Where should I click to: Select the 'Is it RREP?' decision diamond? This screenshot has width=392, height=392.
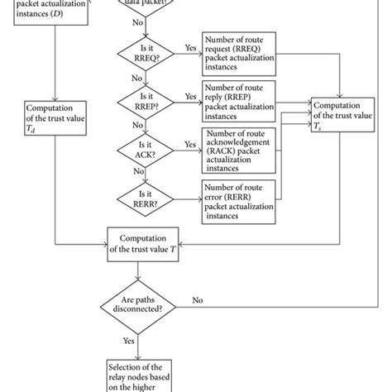(143, 102)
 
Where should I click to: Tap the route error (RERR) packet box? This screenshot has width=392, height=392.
(241, 198)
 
